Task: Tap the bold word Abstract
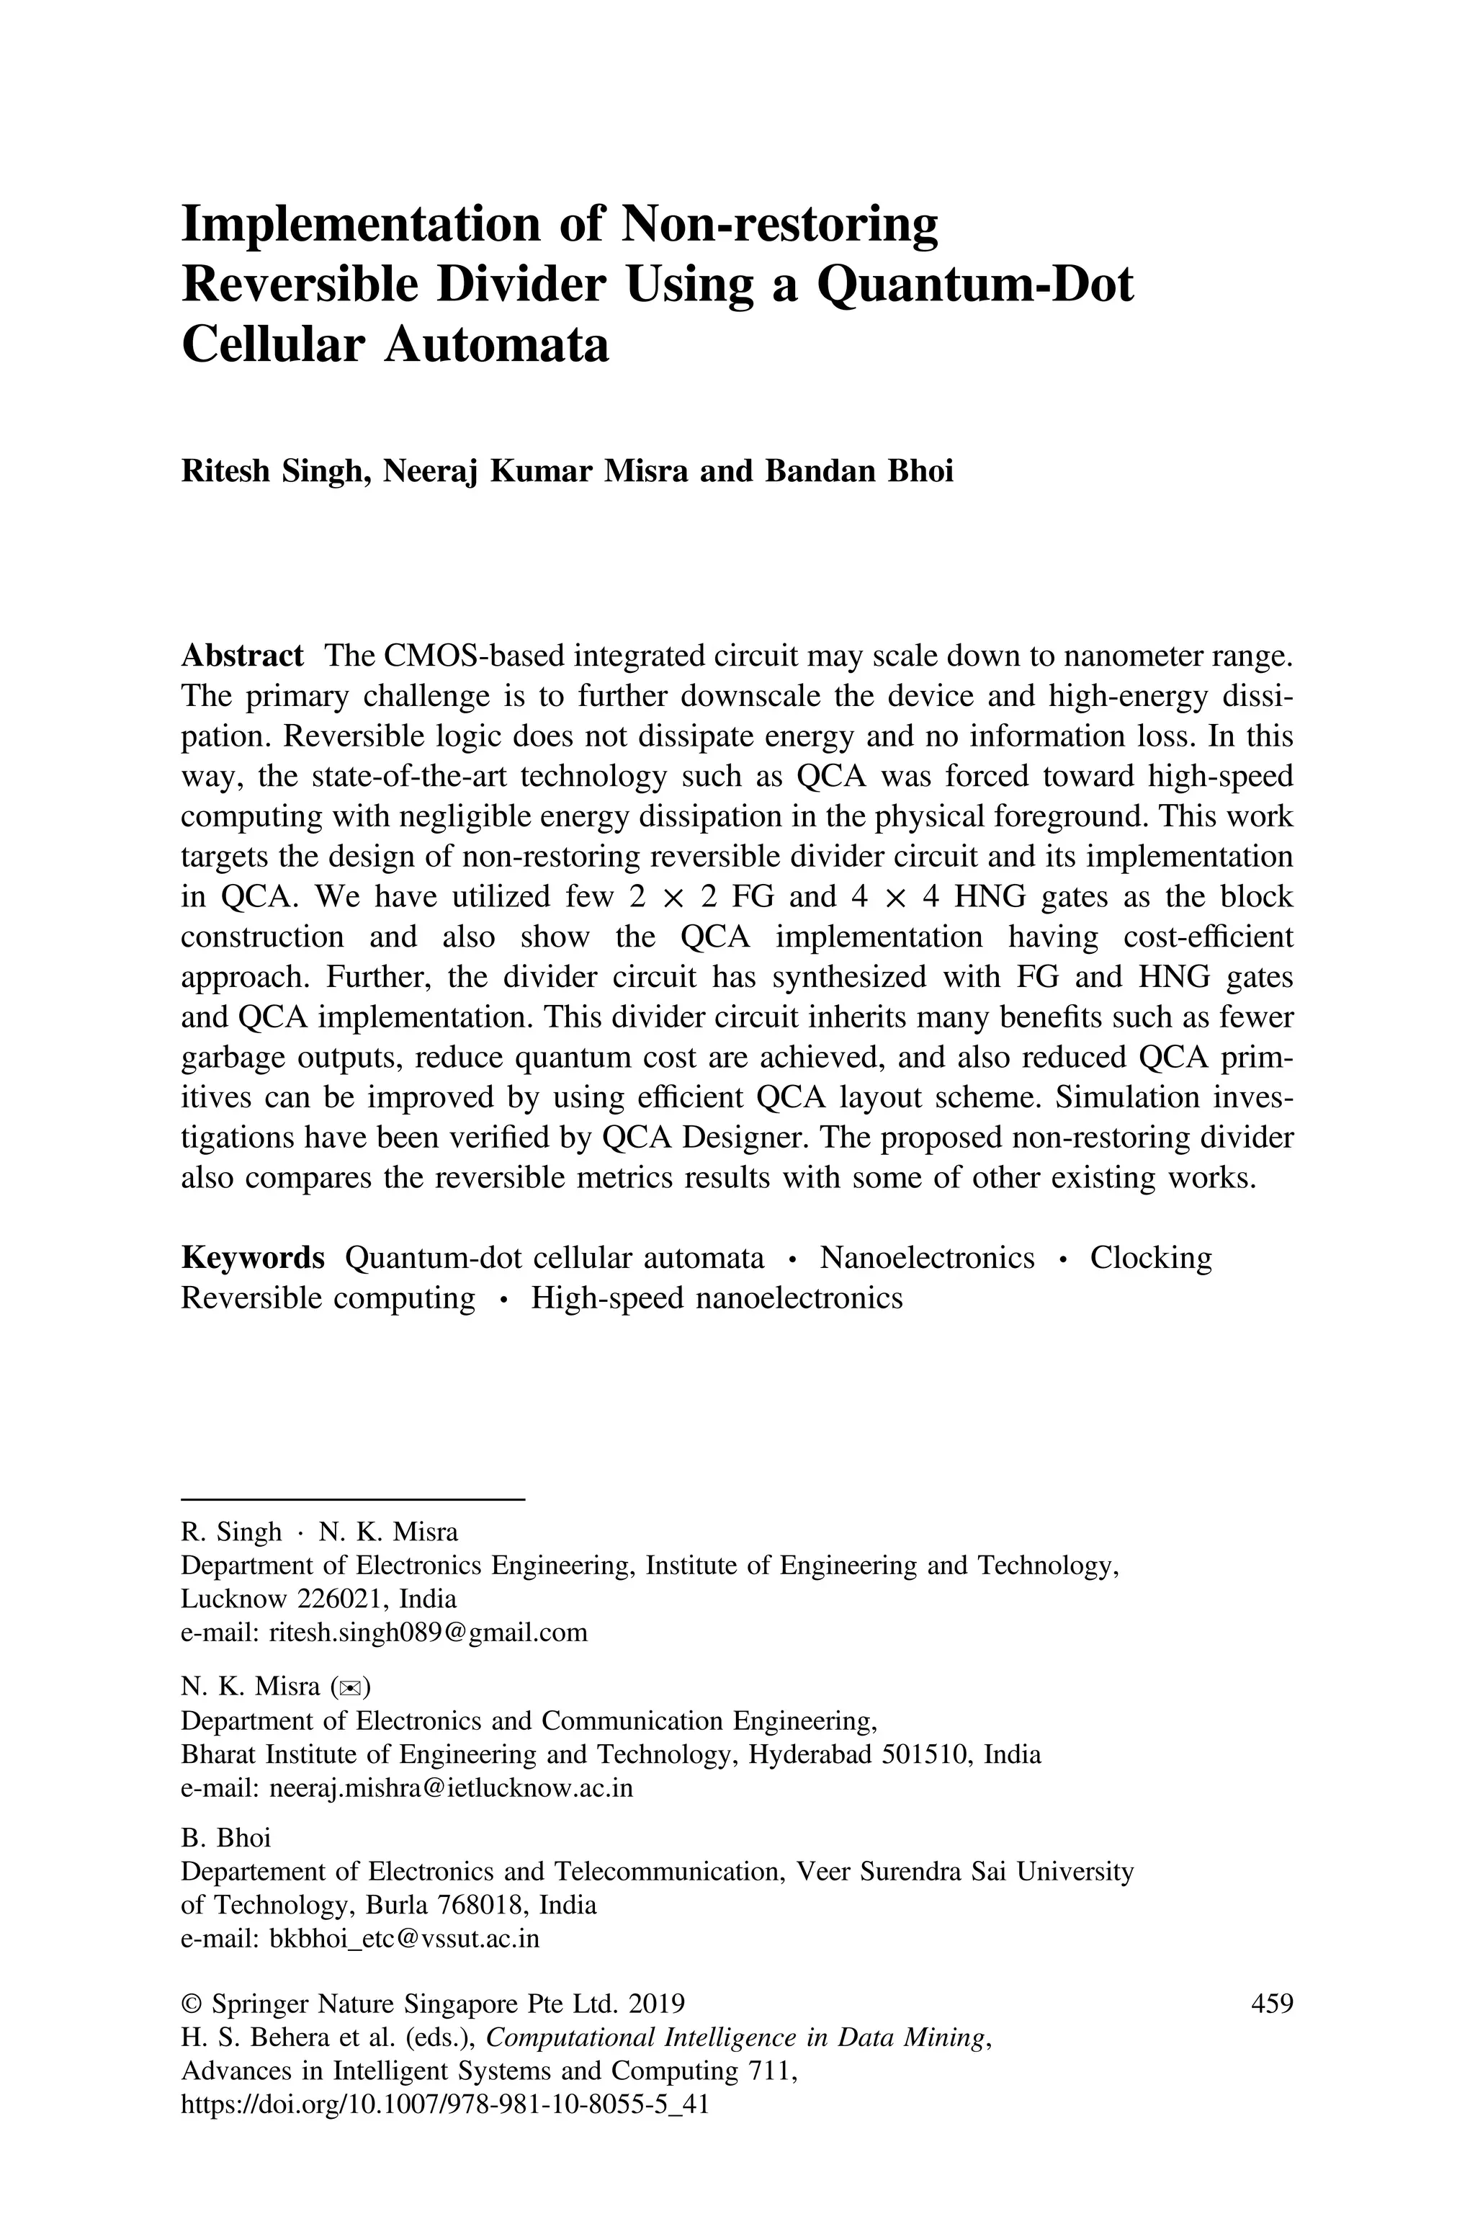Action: pos(242,656)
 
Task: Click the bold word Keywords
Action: pos(252,1258)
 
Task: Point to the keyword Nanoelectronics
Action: pos(927,1258)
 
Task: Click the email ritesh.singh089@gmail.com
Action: pos(428,1632)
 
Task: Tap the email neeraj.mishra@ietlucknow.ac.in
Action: pos(451,1788)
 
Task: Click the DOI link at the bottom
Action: pos(444,2104)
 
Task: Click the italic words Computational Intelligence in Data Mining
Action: pos(737,2037)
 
